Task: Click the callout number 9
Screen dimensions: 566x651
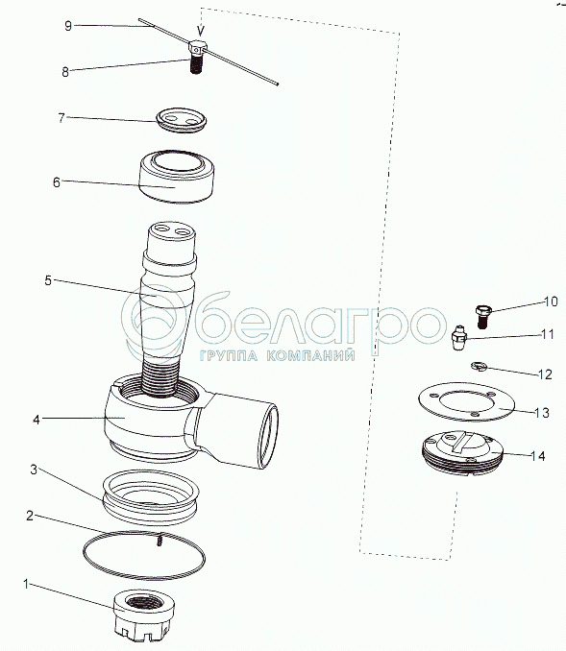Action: click(68, 26)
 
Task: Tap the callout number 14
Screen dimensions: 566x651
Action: click(537, 456)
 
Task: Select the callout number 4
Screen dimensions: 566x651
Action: click(37, 420)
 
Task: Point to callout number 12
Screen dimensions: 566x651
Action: click(545, 374)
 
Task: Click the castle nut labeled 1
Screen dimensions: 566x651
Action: click(144, 615)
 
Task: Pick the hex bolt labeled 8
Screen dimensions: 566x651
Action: click(197, 57)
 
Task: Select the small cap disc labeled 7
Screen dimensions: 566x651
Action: click(182, 120)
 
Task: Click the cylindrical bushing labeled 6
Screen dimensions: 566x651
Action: click(177, 177)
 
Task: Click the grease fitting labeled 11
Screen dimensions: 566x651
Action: click(459, 338)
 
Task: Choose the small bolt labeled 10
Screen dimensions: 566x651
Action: click(483, 316)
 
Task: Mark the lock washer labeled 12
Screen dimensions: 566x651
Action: click(479, 366)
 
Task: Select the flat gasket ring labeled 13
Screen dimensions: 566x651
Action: click(466, 402)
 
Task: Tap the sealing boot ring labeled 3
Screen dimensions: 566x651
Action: click(151, 497)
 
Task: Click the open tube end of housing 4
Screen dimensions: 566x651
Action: click(268, 436)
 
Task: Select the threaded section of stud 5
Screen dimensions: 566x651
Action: click(160, 377)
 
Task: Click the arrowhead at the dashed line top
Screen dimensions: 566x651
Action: click(201, 31)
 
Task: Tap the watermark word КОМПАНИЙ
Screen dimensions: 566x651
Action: click(310, 356)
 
